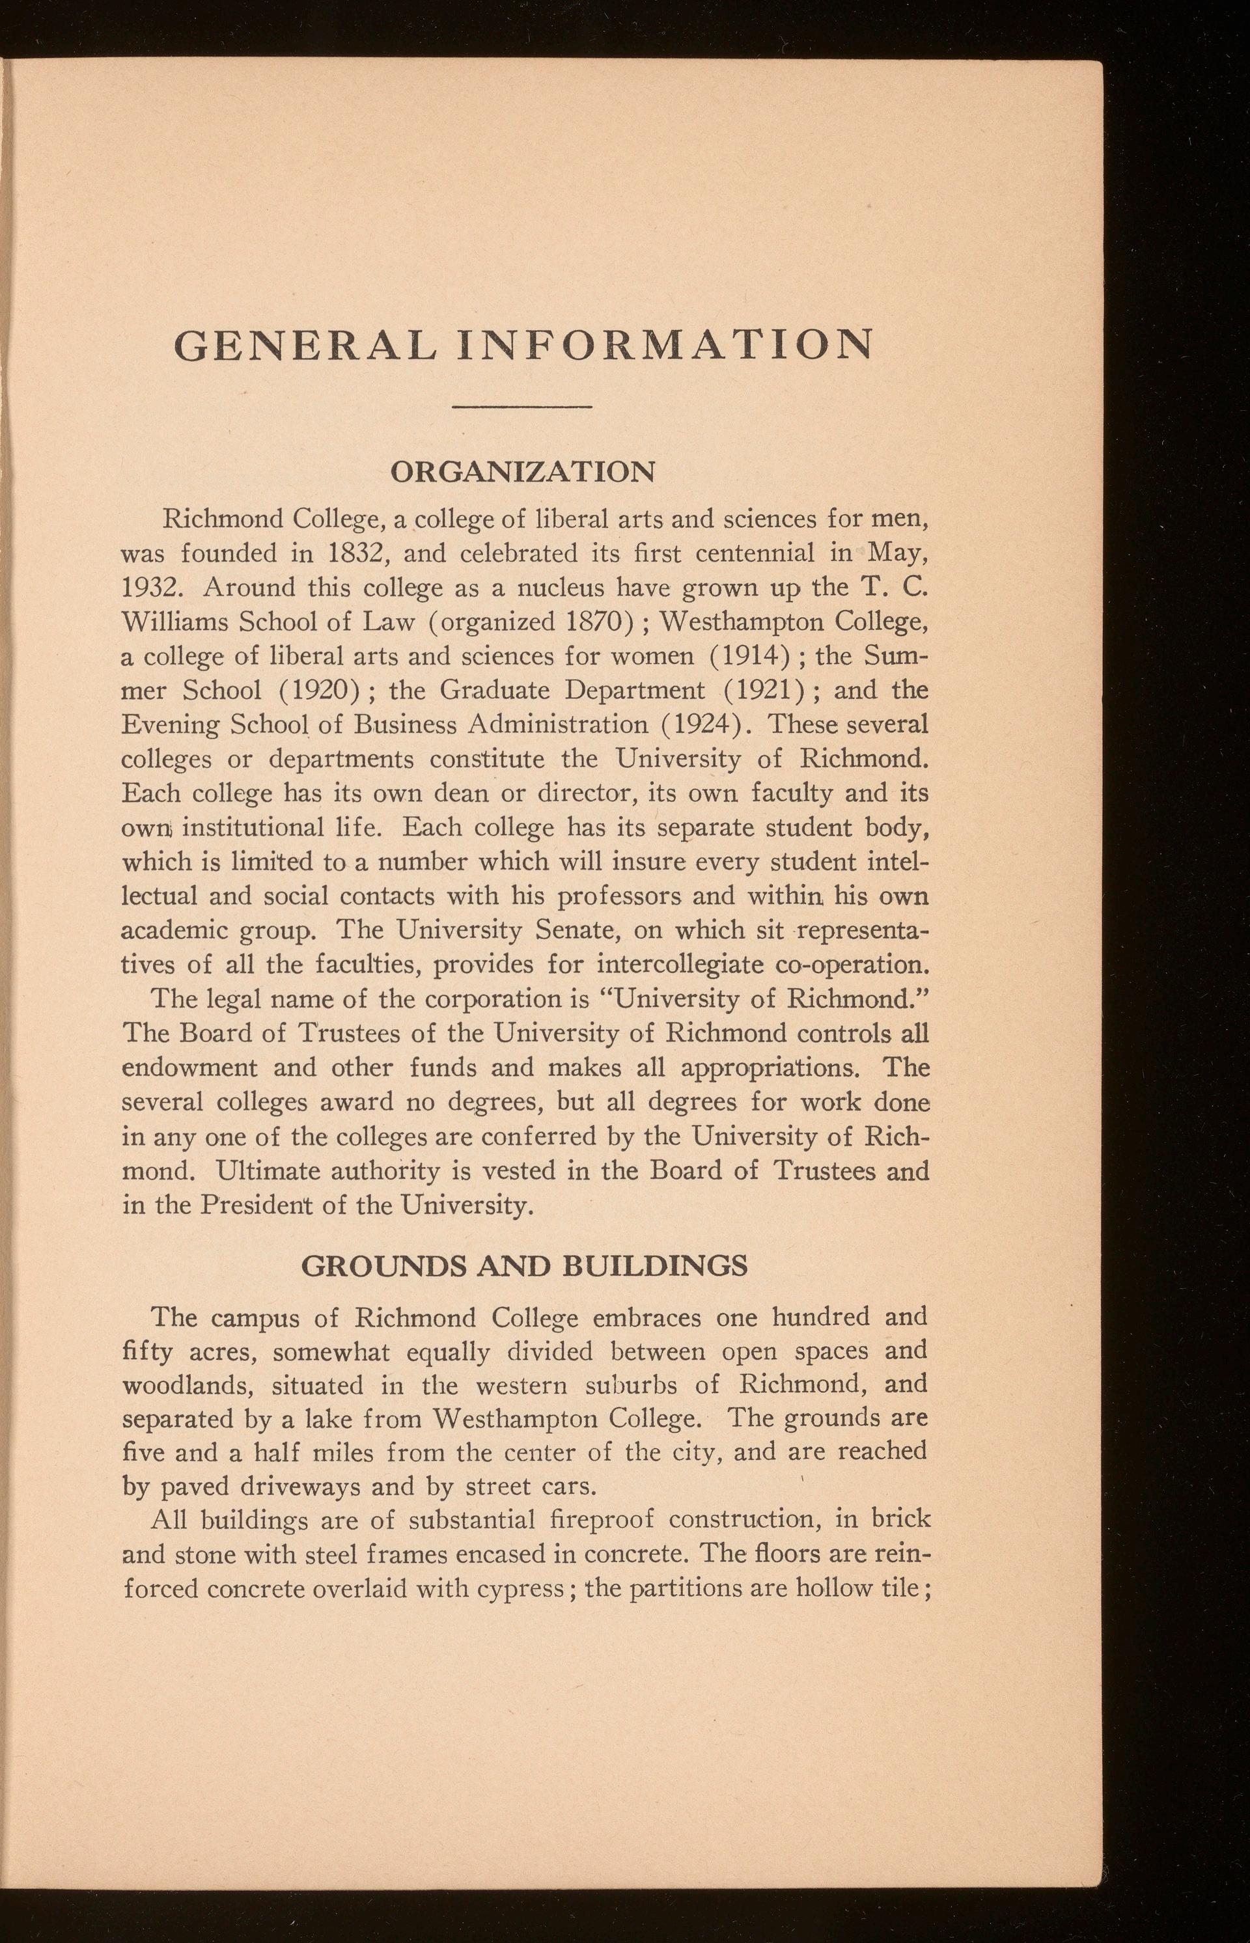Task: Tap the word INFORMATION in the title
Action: [x=665, y=345]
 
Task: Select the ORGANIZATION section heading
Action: [x=523, y=471]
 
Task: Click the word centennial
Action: [x=755, y=553]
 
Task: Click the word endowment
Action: [x=189, y=1068]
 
